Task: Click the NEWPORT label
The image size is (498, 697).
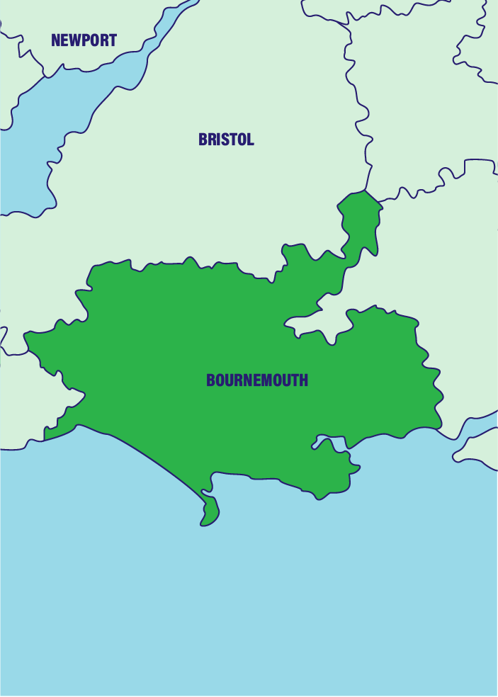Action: (84, 40)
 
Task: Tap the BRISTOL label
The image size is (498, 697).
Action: (226, 140)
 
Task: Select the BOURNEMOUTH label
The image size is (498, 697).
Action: (257, 380)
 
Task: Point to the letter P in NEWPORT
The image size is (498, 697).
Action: (85, 40)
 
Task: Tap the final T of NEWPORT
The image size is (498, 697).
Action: (113, 40)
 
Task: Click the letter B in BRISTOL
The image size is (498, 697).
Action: (203, 140)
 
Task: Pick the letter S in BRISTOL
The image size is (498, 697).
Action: (224, 140)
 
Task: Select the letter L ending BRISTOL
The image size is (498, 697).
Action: (250, 140)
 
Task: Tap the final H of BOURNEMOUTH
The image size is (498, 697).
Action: (304, 380)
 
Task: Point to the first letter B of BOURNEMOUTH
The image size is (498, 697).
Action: (210, 380)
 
